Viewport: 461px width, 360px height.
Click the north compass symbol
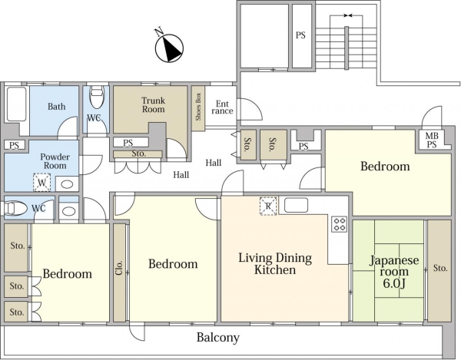pyautogui.click(x=169, y=48)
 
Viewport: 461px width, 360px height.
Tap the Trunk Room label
pyautogui.click(x=153, y=105)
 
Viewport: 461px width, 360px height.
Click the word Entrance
pyautogui.click(x=222, y=107)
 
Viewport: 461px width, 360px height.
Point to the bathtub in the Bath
pyautogui.click(x=16, y=104)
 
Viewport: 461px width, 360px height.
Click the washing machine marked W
pyautogui.click(x=41, y=183)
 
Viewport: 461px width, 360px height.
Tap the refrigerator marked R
pyautogui.click(x=268, y=206)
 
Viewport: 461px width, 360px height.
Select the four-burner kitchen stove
pyautogui.click(x=340, y=223)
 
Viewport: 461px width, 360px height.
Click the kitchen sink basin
pyautogui.click(x=296, y=205)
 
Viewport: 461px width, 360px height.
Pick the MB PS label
pyautogui.click(x=432, y=140)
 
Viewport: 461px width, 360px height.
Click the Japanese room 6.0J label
pyautogui.click(x=394, y=272)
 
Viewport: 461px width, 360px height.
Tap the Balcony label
pyautogui.click(x=218, y=338)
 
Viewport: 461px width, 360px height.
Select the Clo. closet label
pyautogui.click(x=119, y=267)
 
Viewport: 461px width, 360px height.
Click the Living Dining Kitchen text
pyautogui.click(x=275, y=264)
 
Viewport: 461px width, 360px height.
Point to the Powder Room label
pyautogui.click(x=55, y=161)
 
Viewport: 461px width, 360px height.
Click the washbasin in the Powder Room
pyautogui.click(x=67, y=185)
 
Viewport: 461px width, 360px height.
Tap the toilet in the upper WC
pyautogui.click(x=96, y=97)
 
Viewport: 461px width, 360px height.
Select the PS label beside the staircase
pyautogui.click(x=300, y=35)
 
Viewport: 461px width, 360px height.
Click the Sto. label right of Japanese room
pyautogui.click(x=440, y=268)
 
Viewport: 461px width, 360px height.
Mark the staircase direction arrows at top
pyautogui.click(x=348, y=15)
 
